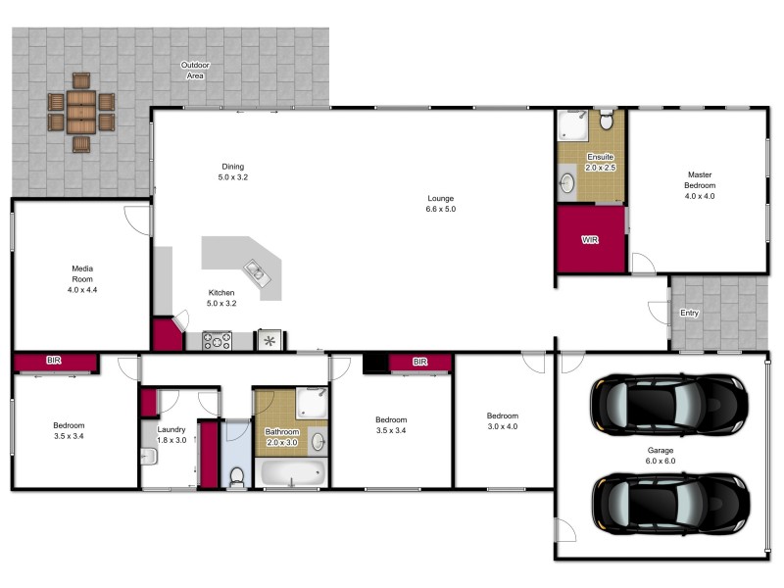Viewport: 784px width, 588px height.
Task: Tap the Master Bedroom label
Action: (x=700, y=185)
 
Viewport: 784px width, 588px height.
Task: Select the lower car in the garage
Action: (x=669, y=501)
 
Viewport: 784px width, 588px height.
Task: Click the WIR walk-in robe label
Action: (x=590, y=239)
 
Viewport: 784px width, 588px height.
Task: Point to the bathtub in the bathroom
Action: (x=291, y=473)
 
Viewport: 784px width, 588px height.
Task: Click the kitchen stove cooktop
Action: (x=217, y=341)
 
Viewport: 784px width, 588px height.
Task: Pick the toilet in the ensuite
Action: (x=606, y=122)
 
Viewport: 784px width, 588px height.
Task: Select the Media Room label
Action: (x=82, y=278)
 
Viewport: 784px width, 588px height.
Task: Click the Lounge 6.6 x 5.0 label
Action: (x=440, y=204)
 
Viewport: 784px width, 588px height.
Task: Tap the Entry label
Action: (x=690, y=313)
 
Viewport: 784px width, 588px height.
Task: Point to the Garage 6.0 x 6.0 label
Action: (x=660, y=456)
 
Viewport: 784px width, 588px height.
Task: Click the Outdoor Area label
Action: (x=195, y=70)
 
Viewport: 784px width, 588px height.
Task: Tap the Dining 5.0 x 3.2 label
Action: (x=232, y=172)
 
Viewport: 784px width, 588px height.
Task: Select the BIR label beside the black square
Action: (x=420, y=363)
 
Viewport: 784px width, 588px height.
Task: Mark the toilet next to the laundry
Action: (x=236, y=477)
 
